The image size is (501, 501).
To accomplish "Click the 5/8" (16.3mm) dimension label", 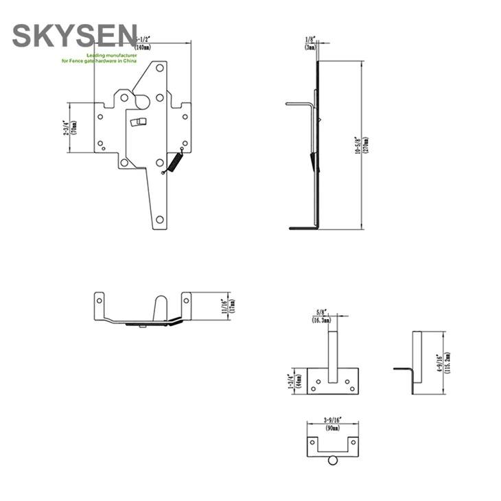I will (321, 316).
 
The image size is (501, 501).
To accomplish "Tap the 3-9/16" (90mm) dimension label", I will (333, 420).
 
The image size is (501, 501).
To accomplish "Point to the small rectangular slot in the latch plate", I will (139, 121).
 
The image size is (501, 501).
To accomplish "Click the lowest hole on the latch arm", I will (160, 220).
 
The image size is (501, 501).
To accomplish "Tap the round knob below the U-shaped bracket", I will (333, 461).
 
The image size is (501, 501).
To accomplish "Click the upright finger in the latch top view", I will (160, 308).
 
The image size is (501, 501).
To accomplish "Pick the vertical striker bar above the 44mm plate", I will (333, 353).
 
